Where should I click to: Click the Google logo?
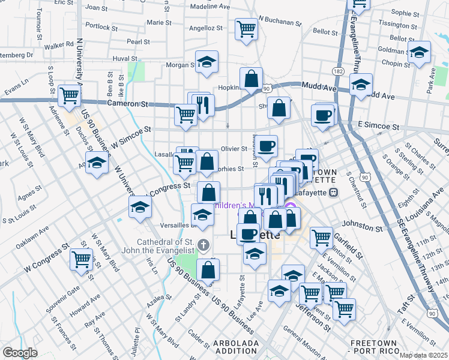[20, 353]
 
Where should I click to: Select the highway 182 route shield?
[339, 71]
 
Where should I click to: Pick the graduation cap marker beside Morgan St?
[206, 62]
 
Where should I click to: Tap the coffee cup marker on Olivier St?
[267, 145]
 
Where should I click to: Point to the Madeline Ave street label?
[210, 6]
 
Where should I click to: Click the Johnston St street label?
[362, 228]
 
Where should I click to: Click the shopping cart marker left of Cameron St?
[70, 95]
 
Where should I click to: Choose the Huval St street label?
[125, 59]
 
